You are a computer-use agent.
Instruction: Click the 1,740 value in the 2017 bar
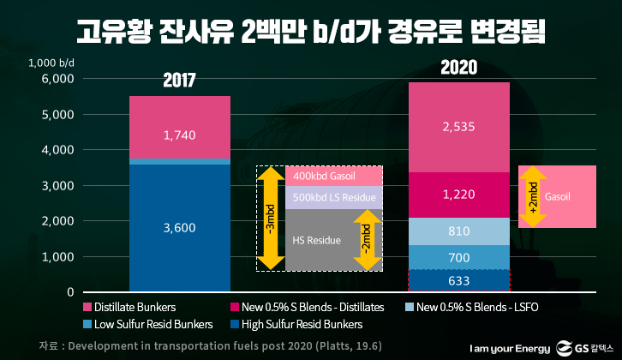coord(180,135)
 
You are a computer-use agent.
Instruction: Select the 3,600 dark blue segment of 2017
coord(180,227)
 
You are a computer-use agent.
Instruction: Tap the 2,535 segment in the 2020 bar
coord(458,127)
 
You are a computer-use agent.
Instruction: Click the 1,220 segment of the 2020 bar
coord(458,195)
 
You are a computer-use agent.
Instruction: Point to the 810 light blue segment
coord(458,231)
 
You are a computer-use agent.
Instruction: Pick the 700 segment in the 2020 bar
coord(458,257)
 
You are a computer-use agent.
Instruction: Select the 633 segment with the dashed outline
coord(458,280)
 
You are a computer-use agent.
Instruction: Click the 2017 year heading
coord(180,81)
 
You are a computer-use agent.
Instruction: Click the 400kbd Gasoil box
coord(333,176)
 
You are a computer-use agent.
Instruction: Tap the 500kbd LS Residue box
coord(333,198)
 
